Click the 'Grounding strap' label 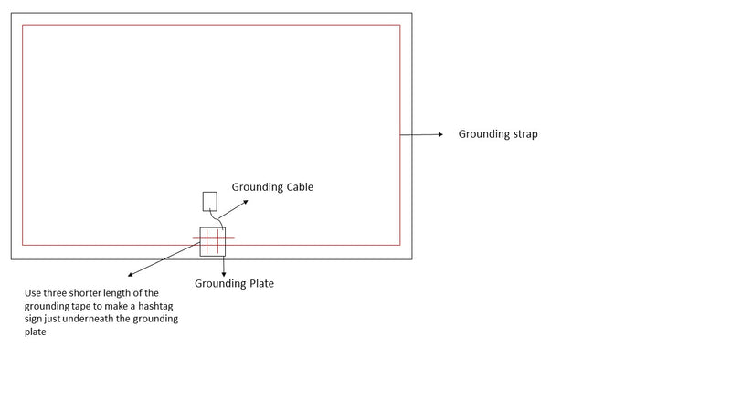click(498, 134)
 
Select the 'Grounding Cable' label click(272, 187)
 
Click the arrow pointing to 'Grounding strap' click(422, 134)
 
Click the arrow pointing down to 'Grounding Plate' click(224, 264)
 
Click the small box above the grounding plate click(209, 201)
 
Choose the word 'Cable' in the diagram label click(298, 187)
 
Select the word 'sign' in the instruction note click(34, 320)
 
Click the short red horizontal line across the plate click(214, 239)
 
